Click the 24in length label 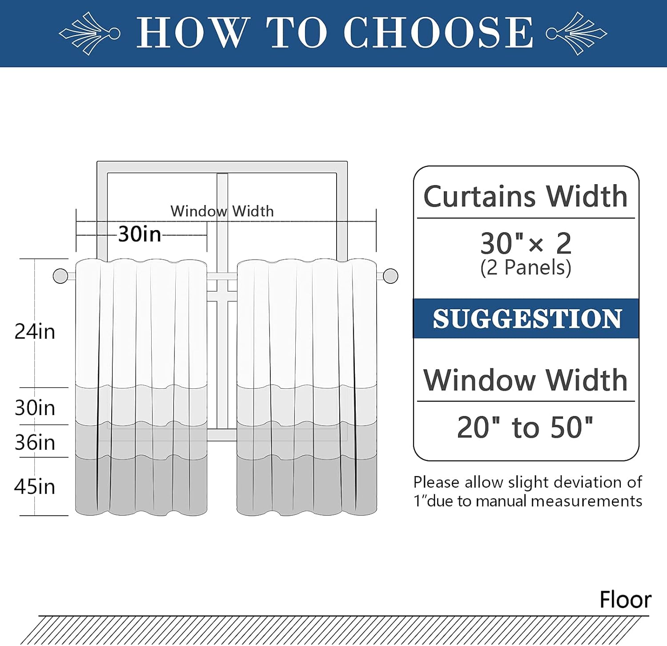coord(35,332)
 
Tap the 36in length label coord(35,443)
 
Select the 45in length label coord(35,487)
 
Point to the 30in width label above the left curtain coord(139,234)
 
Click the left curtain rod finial coord(60,276)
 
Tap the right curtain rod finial coord(390,276)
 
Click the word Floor coord(625,600)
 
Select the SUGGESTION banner coord(526,319)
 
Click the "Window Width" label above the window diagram coord(222,211)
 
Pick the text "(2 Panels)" coord(526,268)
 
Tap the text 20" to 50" coord(525,428)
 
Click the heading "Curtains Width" coord(525,196)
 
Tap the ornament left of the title coord(90,33)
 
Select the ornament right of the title coord(576,33)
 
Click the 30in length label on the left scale coord(35,408)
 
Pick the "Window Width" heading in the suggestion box coord(525,380)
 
